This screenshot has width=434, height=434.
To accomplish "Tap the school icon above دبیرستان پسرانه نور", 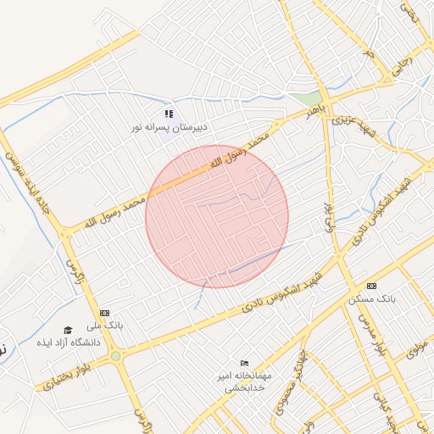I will click(x=169, y=113).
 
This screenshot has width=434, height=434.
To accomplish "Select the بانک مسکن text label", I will click(x=371, y=299).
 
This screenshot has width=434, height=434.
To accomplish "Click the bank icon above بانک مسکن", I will click(x=371, y=286).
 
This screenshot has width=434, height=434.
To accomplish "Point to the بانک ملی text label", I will click(x=109, y=325).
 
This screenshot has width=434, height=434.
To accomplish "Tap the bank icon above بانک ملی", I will click(x=104, y=313).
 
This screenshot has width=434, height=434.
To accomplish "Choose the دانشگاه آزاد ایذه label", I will click(x=68, y=342).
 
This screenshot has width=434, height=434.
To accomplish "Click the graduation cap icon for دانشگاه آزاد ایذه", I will click(x=68, y=330).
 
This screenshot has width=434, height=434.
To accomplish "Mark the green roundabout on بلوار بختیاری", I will click(x=115, y=356).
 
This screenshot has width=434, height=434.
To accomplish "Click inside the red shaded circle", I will click(x=217, y=216).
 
